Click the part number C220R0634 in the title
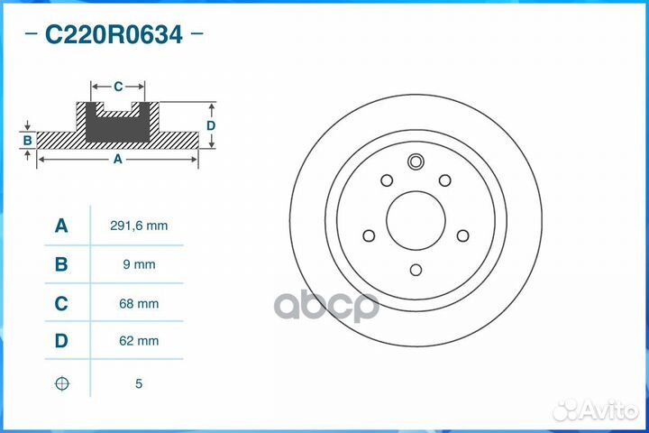pos(114,35)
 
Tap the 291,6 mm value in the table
pos(138,226)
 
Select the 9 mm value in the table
pos(138,264)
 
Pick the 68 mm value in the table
pos(138,304)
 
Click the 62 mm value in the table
pos(138,342)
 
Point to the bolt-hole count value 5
pos(138,383)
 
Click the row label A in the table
pos(61,226)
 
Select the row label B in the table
pos(61,264)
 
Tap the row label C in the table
pos(61,304)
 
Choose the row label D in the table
pos(61,342)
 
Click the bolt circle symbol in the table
pos(61,383)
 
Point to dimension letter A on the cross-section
pos(117,160)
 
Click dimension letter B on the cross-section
pos(28,141)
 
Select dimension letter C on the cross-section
pos(118,87)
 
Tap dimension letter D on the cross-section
pos(211,125)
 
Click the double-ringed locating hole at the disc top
pos(416,163)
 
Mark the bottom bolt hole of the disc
pos(416,269)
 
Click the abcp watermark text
pos(326,305)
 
